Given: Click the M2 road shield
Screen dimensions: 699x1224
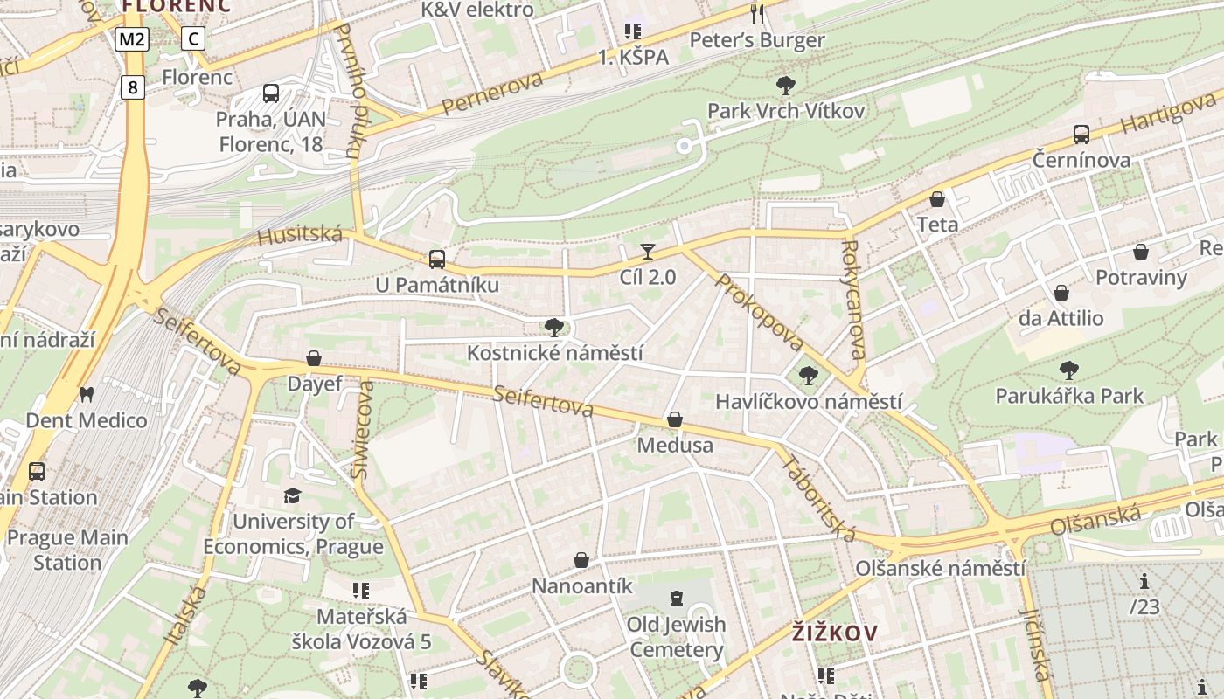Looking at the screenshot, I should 133,38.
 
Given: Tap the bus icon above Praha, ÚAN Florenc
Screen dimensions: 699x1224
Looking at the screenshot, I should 271,93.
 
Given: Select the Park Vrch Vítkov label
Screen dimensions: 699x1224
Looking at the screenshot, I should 785,111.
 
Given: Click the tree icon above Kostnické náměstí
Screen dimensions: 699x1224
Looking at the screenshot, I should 553,328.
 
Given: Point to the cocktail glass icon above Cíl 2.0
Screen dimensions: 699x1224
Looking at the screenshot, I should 647,253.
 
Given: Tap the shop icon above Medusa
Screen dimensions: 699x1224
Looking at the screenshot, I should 674,420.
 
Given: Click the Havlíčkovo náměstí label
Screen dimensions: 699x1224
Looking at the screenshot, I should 808,402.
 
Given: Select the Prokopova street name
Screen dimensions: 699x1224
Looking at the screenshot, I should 758,312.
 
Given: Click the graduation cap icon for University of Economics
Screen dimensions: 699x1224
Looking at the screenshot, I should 292,496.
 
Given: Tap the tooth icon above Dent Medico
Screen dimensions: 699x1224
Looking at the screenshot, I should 86,394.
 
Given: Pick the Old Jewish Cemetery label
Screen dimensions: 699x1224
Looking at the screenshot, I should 676,637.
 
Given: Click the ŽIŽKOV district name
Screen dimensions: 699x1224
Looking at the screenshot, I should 834,632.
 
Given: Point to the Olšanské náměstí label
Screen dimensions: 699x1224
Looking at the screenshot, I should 940,568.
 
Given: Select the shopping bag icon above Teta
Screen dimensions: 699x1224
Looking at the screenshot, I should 937,199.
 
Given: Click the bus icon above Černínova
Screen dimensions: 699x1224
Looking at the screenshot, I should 1081,135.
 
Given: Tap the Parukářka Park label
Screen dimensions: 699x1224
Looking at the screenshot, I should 1069,396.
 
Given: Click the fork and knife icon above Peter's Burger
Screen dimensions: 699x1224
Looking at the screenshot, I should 757,14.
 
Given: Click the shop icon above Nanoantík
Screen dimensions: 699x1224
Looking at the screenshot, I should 581,560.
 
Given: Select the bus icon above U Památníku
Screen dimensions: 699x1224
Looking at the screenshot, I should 436,260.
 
